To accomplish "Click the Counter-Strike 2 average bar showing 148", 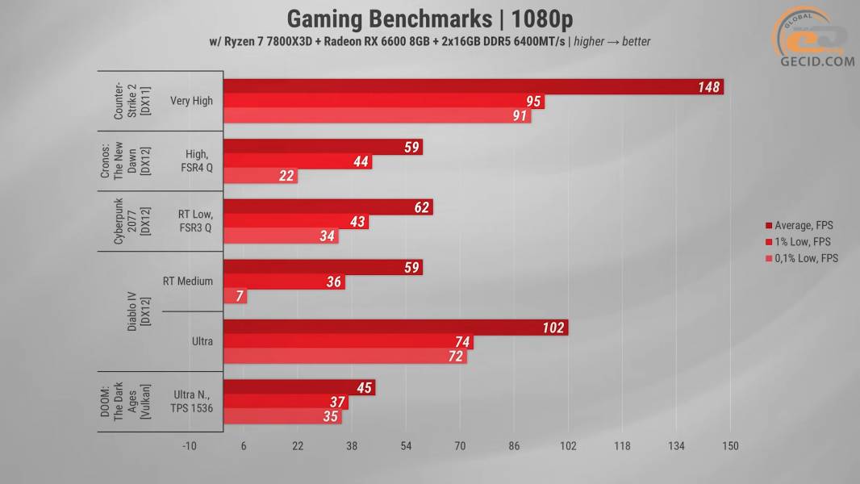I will (473, 87).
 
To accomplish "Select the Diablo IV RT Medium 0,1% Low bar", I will (235, 297).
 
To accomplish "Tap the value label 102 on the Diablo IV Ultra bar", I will (553, 328).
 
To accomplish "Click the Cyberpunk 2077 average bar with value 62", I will (328, 207).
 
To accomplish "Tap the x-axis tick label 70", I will (460, 446).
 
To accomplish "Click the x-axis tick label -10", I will (190, 446).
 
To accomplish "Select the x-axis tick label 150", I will (730, 446).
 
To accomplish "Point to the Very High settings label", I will (192, 102).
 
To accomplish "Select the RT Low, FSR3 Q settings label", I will (194, 221).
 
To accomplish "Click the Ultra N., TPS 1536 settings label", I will (192, 402).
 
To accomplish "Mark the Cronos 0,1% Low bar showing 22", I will (260, 177).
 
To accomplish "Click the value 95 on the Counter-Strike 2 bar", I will (532, 102).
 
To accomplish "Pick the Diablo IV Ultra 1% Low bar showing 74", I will (348, 342).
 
